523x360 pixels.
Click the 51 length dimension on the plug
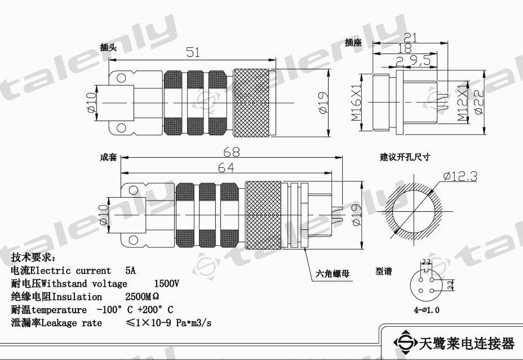[x=193, y=52]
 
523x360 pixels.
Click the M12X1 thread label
[x=462, y=103]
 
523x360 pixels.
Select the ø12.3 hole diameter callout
[x=460, y=177]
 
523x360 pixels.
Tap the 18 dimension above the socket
[x=404, y=48]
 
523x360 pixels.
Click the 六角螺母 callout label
[x=333, y=274]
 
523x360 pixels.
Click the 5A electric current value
[x=131, y=270]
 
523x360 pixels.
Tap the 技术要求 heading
[x=33, y=257]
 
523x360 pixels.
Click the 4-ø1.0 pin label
[x=427, y=310]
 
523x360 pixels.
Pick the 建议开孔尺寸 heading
[x=404, y=157]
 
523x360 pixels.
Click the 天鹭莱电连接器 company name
[x=467, y=343]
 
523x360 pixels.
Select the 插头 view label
[x=108, y=48]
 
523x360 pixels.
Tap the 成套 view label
[x=108, y=157]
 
